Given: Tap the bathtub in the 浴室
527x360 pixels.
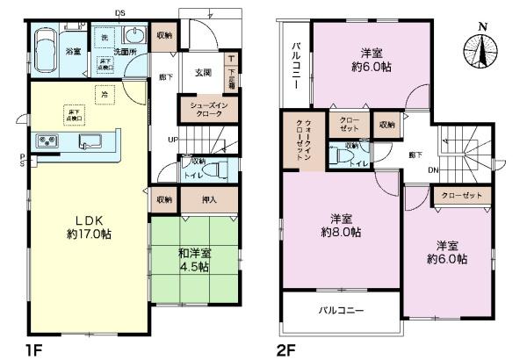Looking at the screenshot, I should click(47, 46).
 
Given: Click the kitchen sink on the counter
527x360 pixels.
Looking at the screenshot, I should click(92, 140).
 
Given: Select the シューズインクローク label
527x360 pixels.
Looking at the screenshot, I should click(206, 108).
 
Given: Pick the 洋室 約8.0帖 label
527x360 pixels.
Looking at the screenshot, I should click(342, 226).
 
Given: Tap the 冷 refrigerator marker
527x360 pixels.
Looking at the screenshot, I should click(104, 94).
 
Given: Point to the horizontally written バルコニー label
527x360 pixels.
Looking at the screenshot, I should click(341, 310).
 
